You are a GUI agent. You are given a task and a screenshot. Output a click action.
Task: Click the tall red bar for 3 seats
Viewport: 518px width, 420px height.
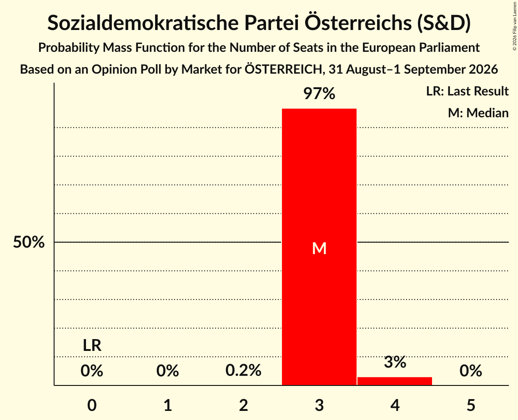pos(319,247)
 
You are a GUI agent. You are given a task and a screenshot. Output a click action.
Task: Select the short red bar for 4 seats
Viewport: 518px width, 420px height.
pos(395,381)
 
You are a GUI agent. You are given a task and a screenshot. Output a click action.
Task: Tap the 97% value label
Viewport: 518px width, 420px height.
pos(319,94)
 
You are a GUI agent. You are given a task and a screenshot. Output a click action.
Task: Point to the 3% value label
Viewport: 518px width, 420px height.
pos(395,362)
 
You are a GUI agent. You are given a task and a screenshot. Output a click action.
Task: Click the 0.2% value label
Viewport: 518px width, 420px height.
pos(243,370)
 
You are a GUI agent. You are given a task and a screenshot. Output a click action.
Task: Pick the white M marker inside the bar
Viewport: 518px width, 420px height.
pos(319,248)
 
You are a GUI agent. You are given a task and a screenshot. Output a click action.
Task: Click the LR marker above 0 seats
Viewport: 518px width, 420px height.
pos(92,345)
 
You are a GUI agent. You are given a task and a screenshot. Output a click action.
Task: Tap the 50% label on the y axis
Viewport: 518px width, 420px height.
pos(29,242)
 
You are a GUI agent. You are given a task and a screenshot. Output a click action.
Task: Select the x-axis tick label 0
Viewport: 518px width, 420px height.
pos(92,405)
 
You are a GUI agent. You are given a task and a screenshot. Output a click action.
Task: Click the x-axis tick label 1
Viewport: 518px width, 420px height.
pos(168,405)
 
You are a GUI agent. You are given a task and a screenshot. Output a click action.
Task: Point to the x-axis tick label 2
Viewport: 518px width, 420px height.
pos(243,405)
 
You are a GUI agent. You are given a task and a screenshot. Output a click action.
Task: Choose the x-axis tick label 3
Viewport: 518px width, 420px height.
pos(319,405)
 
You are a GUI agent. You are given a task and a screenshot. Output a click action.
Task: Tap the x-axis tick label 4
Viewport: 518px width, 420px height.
pos(395,405)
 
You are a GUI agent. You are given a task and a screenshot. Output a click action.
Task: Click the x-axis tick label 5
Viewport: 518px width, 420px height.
pos(471,405)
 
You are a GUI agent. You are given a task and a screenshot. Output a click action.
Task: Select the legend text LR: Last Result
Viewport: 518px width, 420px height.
pos(467,91)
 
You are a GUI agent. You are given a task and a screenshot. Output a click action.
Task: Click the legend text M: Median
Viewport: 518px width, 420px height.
pos(478,113)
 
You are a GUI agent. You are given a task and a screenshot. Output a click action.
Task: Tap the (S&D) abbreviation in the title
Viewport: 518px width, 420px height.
pos(444,23)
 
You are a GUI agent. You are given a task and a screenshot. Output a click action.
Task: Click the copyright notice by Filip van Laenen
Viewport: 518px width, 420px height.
pos(514,26)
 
